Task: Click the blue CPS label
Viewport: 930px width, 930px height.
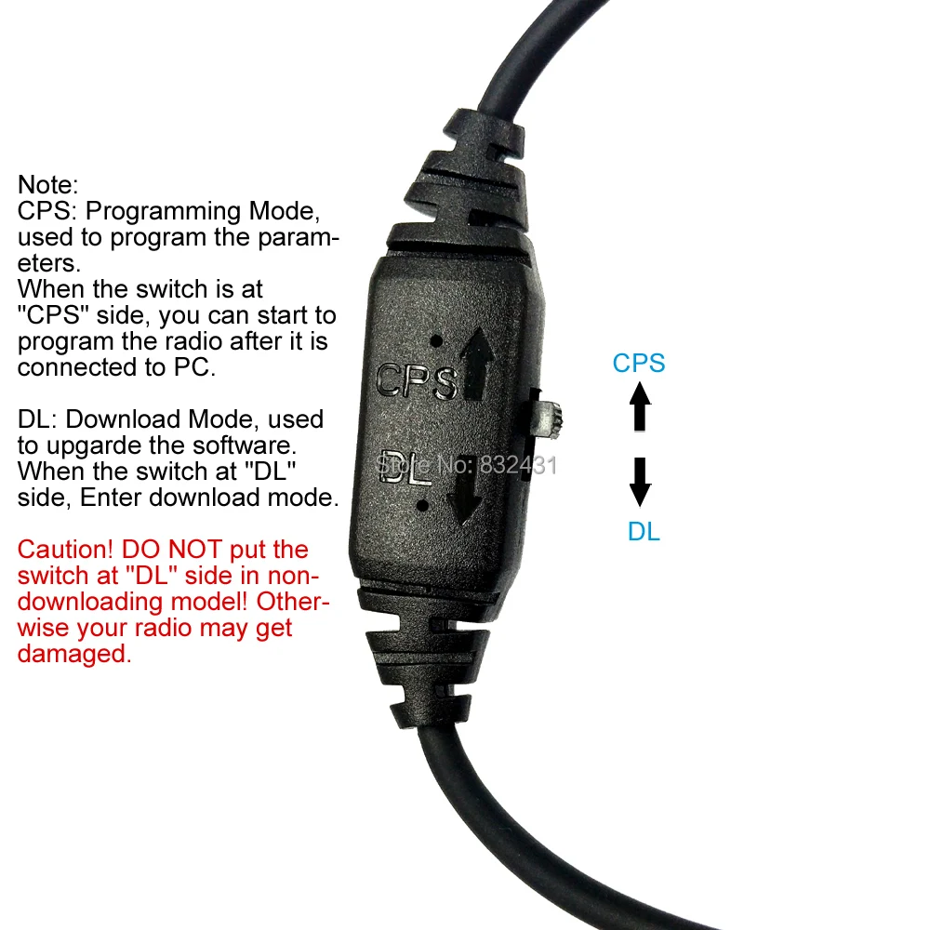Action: click(x=639, y=363)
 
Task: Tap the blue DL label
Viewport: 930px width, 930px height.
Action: click(x=644, y=532)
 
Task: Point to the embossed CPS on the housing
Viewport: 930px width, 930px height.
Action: click(x=415, y=381)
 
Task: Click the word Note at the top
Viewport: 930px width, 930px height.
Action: click(x=49, y=185)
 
